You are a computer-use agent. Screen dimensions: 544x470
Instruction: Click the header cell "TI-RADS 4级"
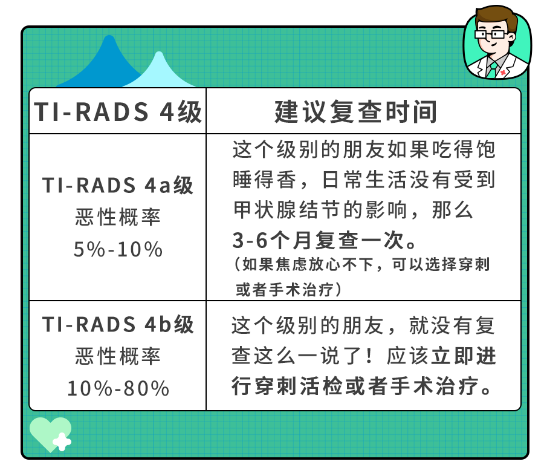pyautogui.click(x=118, y=112)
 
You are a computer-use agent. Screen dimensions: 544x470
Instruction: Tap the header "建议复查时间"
pyautogui.click(x=355, y=112)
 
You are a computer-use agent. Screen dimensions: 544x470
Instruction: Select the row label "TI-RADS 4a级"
pyautogui.click(x=118, y=185)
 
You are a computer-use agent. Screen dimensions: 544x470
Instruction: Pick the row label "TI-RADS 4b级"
pyautogui.click(x=118, y=324)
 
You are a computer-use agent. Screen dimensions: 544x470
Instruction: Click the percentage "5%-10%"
pyautogui.click(x=118, y=249)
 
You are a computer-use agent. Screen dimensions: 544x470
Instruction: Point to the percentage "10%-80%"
pyautogui.click(x=118, y=388)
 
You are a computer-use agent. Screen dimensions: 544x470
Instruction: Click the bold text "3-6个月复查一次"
pyautogui.click(x=319, y=240)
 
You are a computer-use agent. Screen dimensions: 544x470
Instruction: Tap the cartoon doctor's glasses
pyautogui.click(x=490, y=34)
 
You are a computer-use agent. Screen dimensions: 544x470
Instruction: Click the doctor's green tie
pyautogui.click(x=492, y=70)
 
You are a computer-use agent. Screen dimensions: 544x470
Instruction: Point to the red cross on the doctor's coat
pyautogui.click(x=503, y=72)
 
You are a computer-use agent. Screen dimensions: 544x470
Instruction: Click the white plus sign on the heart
pyautogui.click(x=62, y=442)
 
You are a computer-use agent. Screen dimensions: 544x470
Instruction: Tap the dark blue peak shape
pyautogui.click(x=104, y=62)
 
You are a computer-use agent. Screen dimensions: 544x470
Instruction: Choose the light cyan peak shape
pyautogui.click(x=159, y=71)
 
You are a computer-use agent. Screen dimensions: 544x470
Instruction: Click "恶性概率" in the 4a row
pyautogui.click(x=118, y=217)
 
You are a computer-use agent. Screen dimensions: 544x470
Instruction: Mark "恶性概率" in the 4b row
pyautogui.click(x=118, y=356)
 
